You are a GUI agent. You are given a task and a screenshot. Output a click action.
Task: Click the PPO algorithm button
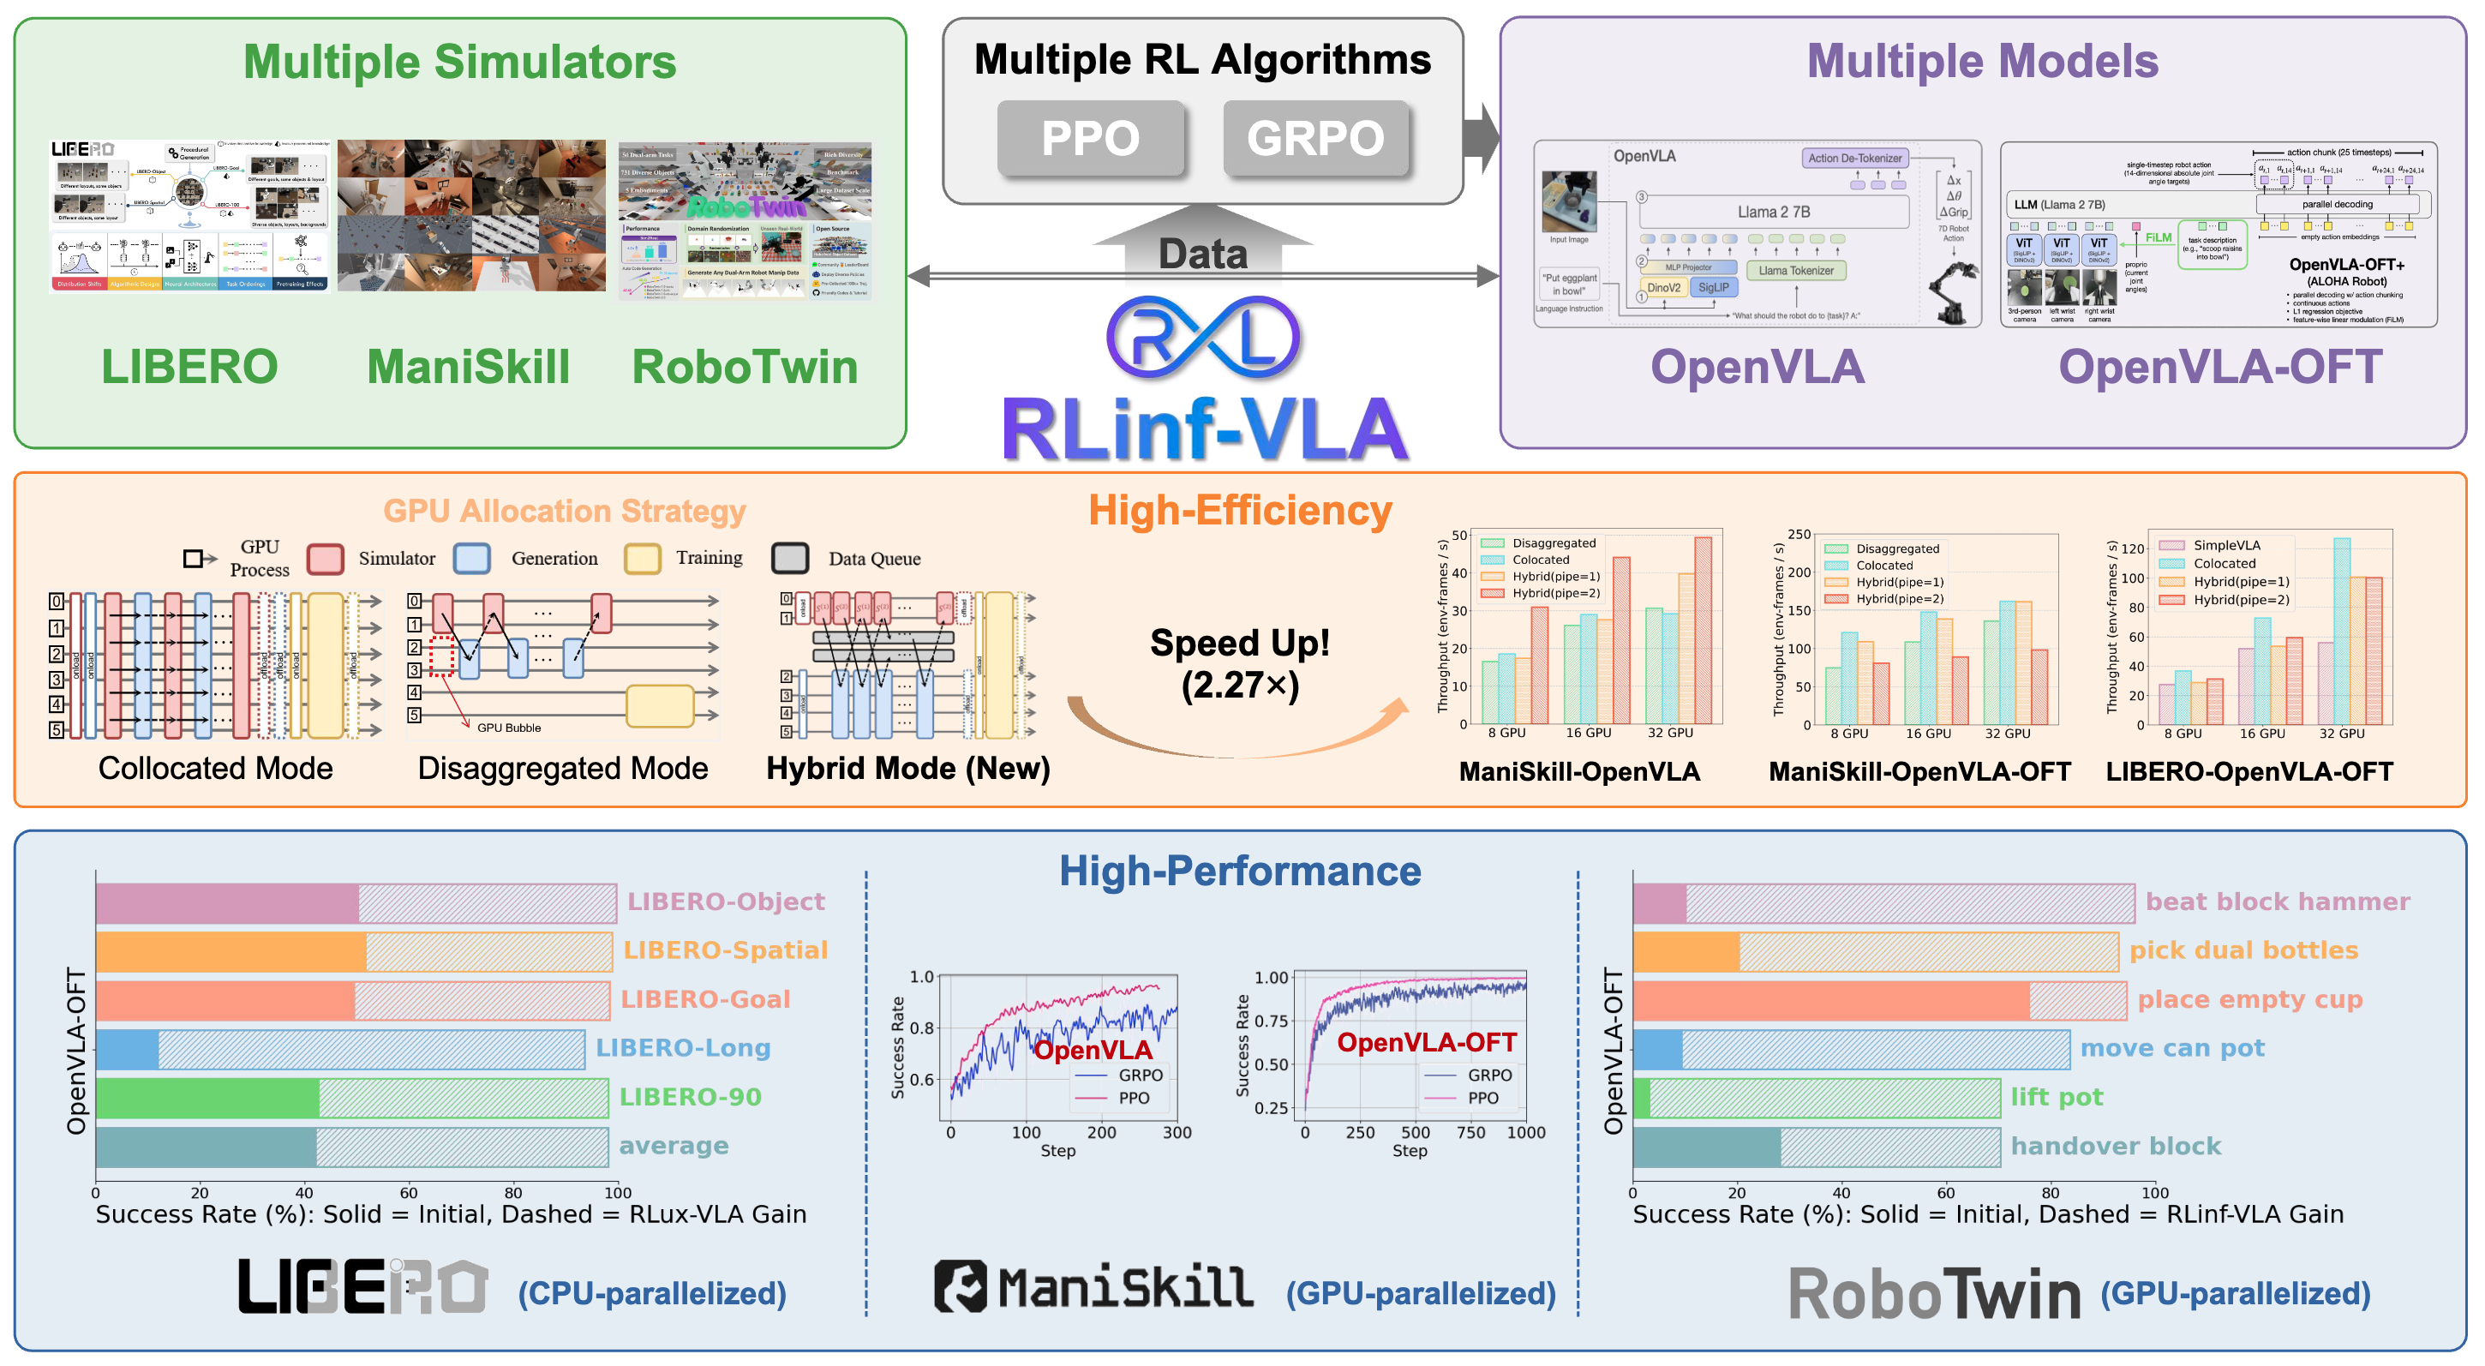pos(1090,138)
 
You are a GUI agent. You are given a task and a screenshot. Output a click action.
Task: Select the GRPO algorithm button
pos(1314,138)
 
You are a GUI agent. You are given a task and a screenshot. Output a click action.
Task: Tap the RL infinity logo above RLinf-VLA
pos(1202,337)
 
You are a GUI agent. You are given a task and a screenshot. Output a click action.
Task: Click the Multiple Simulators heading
pos(459,62)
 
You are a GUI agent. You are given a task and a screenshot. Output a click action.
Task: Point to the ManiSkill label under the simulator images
pos(468,367)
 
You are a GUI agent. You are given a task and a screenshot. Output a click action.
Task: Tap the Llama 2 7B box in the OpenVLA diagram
pos(1773,213)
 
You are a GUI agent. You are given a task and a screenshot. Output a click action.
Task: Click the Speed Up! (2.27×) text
pos(1240,663)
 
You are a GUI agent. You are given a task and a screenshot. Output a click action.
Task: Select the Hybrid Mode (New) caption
pos(907,768)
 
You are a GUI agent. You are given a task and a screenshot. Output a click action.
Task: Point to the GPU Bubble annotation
pos(508,728)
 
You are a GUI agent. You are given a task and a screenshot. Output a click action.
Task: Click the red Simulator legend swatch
pos(325,559)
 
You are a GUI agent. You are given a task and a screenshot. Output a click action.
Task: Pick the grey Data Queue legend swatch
pos(790,559)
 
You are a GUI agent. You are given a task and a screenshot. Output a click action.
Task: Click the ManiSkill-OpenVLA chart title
pos(1579,772)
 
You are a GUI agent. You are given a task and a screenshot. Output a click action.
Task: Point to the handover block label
pos(2116,1146)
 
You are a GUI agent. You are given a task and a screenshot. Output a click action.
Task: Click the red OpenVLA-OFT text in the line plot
pos(1426,1042)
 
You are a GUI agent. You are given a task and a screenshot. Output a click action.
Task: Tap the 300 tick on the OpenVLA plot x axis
pos(1177,1133)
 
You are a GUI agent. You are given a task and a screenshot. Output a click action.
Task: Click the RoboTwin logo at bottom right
pos(1933,1294)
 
